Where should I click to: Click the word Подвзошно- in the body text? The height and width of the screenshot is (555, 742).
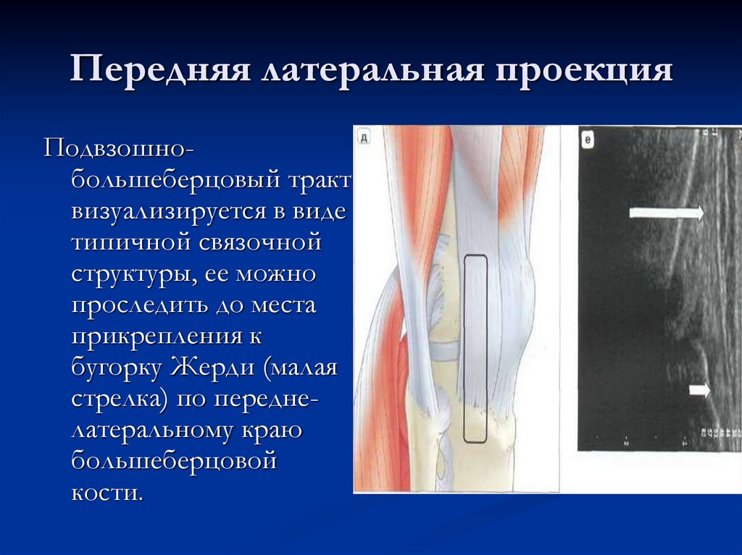[119, 148]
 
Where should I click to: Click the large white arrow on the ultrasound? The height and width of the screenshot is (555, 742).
[666, 213]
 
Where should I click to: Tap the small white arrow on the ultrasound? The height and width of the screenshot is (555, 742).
[699, 390]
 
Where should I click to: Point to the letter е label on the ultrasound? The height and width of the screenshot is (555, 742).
[588, 140]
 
